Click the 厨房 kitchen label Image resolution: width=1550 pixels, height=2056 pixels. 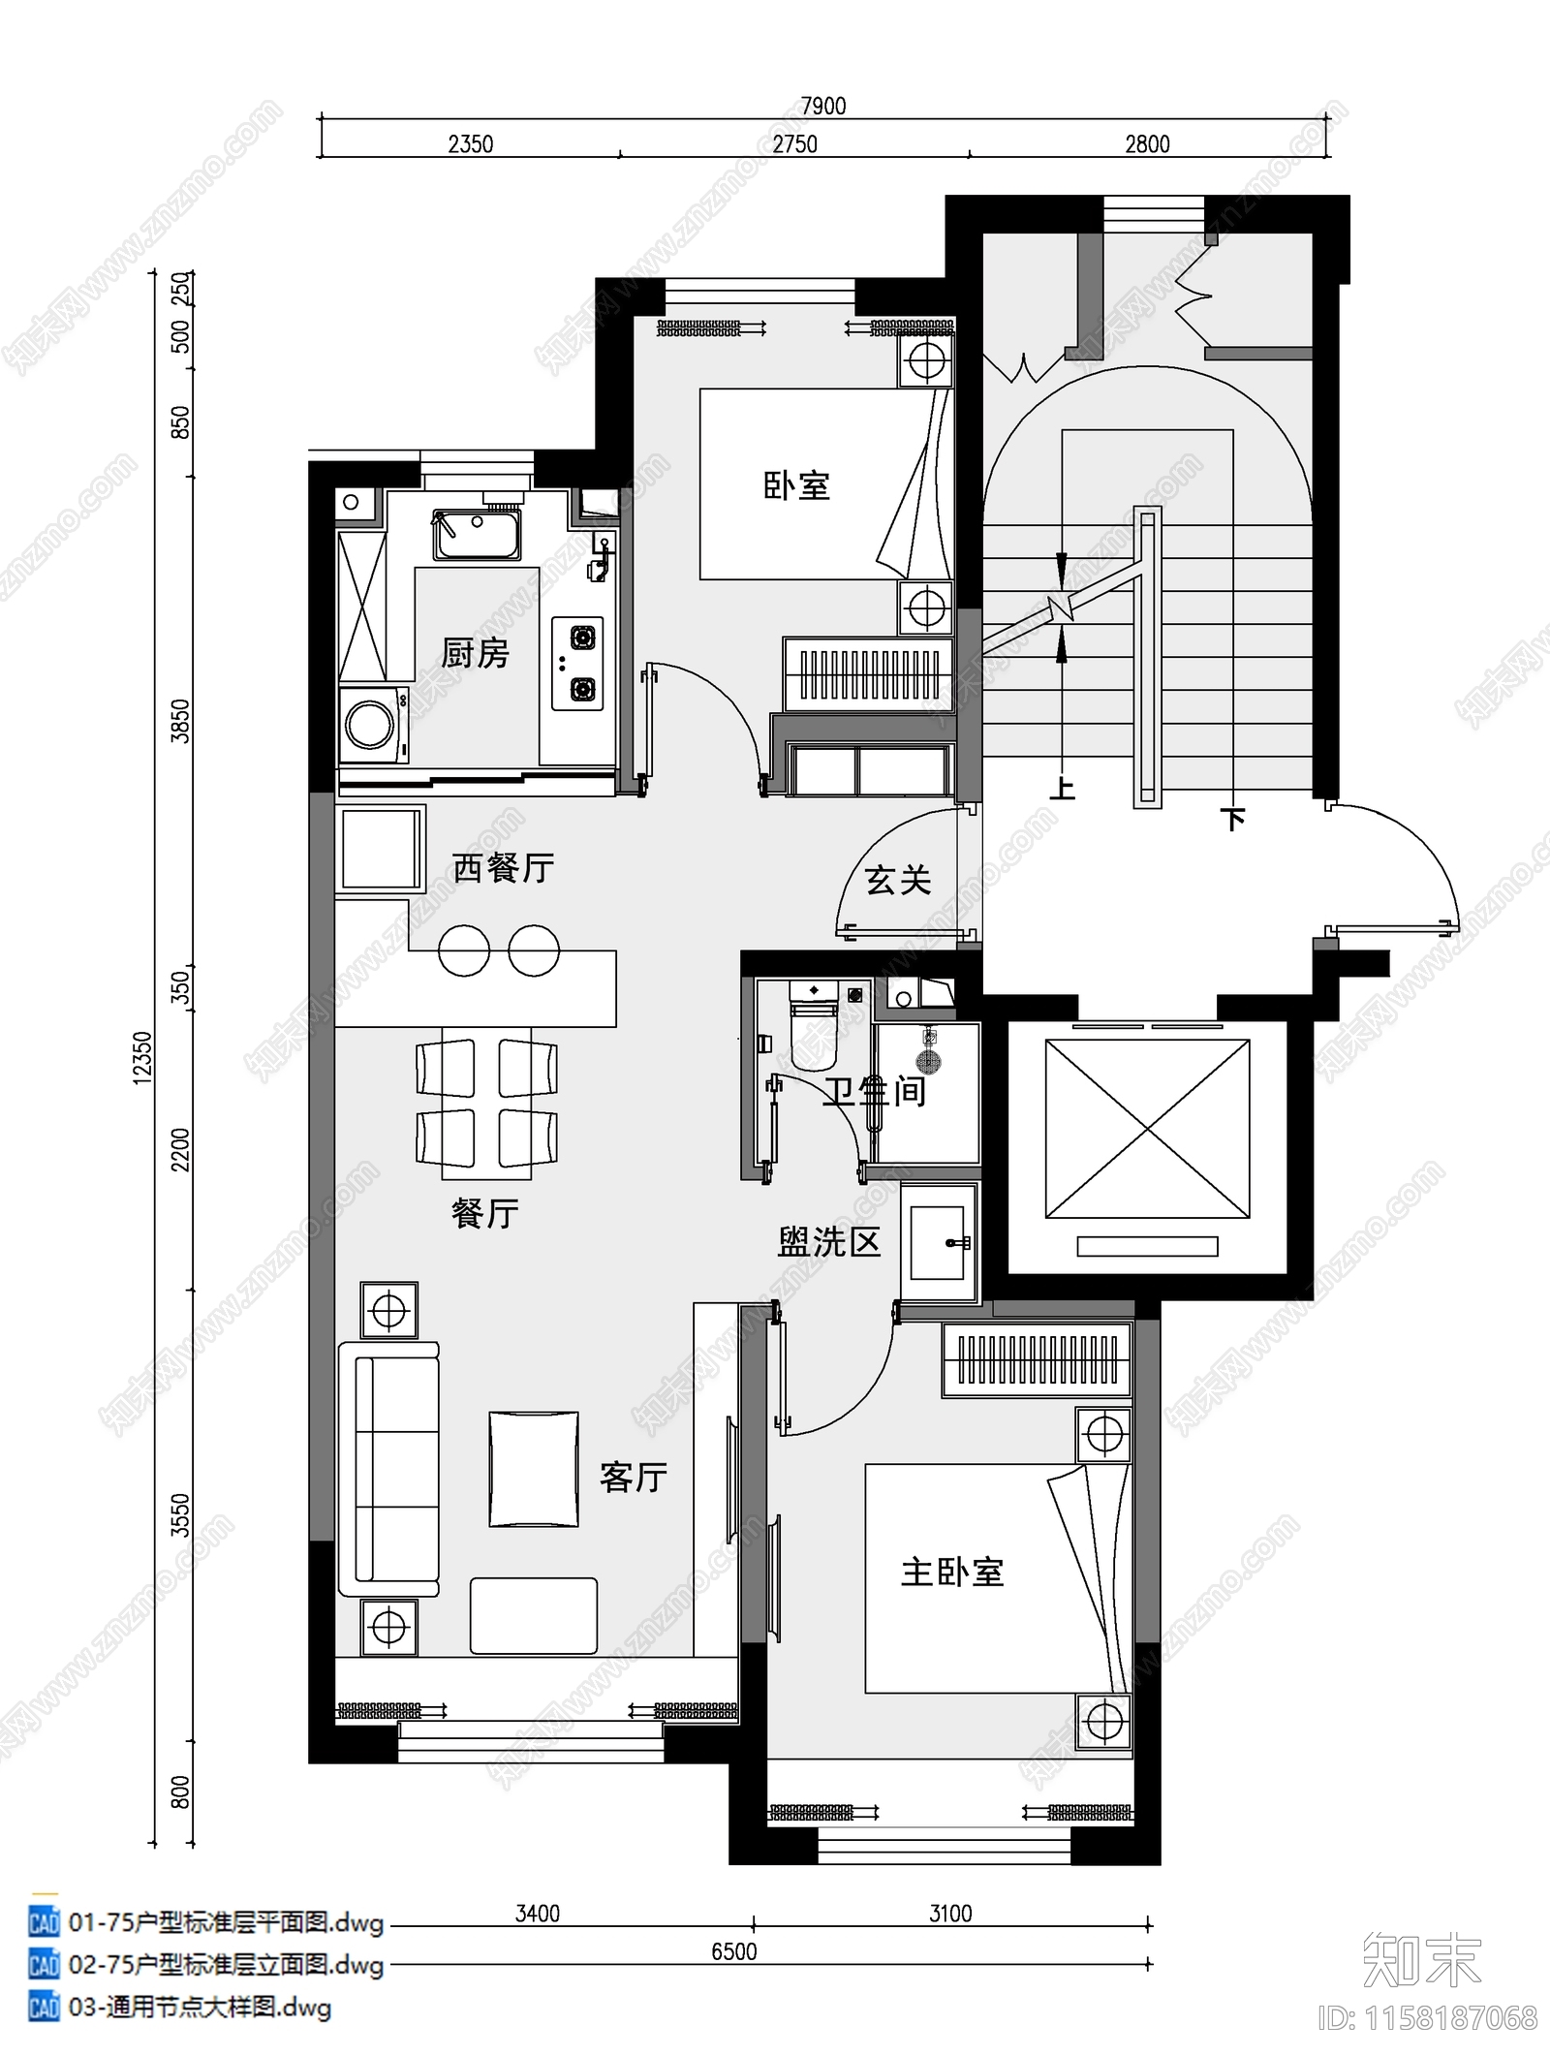(475, 654)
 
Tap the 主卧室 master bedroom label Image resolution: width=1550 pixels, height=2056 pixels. (951, 1572)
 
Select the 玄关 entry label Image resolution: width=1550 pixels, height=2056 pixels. (898, 880)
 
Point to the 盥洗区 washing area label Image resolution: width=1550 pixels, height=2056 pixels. (828, 1242)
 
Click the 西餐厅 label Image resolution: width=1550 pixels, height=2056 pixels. (503, 867)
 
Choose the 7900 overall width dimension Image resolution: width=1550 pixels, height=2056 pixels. (823, 106)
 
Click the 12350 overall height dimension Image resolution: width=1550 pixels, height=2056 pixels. (142, 1058)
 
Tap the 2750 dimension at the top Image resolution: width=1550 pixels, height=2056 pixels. (794, 144)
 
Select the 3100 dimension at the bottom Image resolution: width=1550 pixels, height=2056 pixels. (950, 1914)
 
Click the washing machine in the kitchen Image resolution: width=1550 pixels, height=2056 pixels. (372, 724)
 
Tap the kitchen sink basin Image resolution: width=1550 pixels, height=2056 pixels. (477, 535)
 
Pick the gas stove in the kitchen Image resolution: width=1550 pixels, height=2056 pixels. (578, 664)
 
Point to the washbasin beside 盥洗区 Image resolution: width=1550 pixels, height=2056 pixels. (939, 1242)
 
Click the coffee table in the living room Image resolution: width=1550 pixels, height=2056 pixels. (533, 1470)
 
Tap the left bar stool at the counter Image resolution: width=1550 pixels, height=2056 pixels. (464, 950)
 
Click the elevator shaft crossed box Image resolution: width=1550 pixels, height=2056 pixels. (1147, 1129)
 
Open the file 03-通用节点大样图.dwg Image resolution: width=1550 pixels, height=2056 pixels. (200, 2007)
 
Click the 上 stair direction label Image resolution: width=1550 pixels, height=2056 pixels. (1063, 788)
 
